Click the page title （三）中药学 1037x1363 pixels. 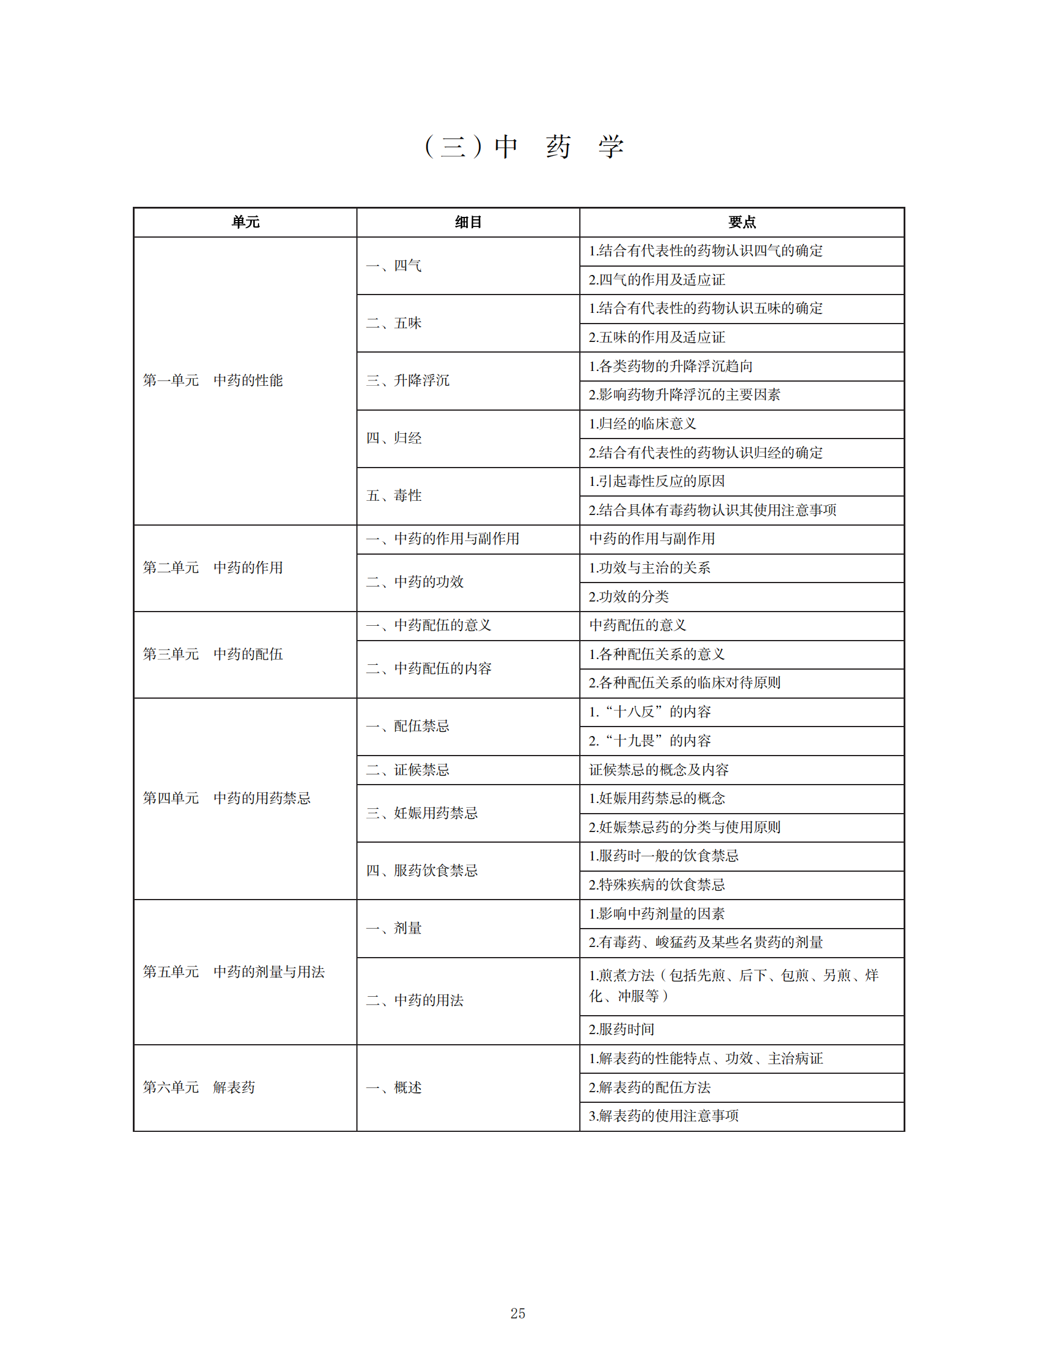[x=524, y=147]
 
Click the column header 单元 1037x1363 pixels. [x=245, y=222]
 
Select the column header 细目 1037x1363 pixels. [x=468, y=222]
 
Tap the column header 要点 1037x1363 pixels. [x=741, y=222]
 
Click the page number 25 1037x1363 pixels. [x=518, y=1313]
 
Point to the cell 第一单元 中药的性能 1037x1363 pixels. [x=213, y=380]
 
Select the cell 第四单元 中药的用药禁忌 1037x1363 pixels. [x=226, y=798]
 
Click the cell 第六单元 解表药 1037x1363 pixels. [x=199, y=1087]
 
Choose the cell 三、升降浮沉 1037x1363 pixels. [x=408, y=380]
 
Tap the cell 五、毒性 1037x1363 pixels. [x=394, y=495]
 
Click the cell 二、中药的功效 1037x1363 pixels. [x=415, y=582]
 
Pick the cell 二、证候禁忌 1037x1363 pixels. [x=408, y=770]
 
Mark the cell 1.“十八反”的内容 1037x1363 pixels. [x=649, y=712]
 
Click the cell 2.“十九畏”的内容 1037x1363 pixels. [x=649, y=741]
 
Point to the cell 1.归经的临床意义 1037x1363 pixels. [x=643, y=424]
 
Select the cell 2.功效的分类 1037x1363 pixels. [x=629, y=597]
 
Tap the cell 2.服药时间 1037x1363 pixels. [x=621, y=1029]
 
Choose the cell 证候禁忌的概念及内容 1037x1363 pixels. [x=659, y=770]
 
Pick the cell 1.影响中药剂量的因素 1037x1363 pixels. [x=657, y=914]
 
